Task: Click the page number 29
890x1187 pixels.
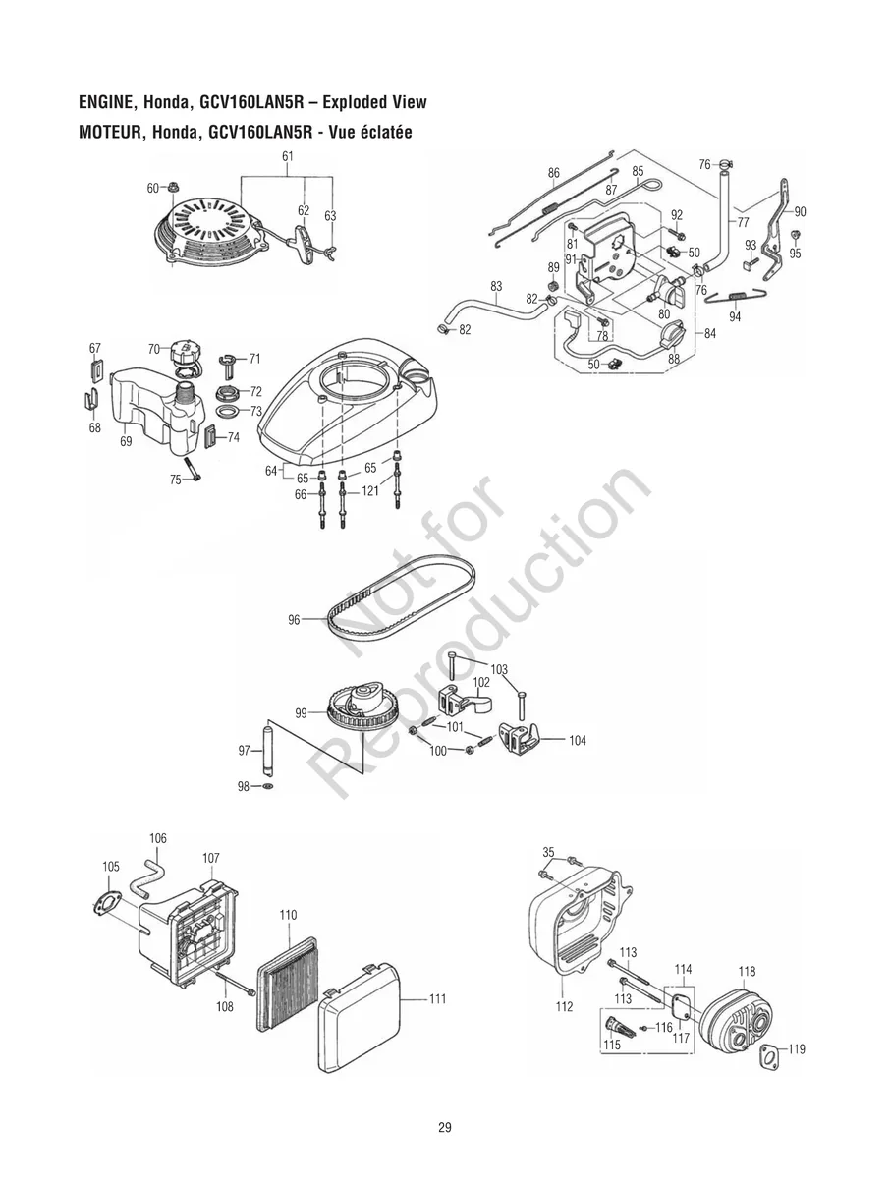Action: (445, 1127)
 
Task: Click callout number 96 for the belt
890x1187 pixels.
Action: (294, 620)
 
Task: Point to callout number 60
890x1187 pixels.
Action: (152, 188)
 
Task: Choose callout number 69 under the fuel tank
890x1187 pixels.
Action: (126, 442)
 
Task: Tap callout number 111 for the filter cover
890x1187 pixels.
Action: (437, 999)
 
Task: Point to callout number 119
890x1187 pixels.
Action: (796, 1049)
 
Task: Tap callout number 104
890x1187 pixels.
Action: (577, 741)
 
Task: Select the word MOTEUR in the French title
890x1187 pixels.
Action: (108, 133)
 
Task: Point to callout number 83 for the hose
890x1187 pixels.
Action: (497, 286)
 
